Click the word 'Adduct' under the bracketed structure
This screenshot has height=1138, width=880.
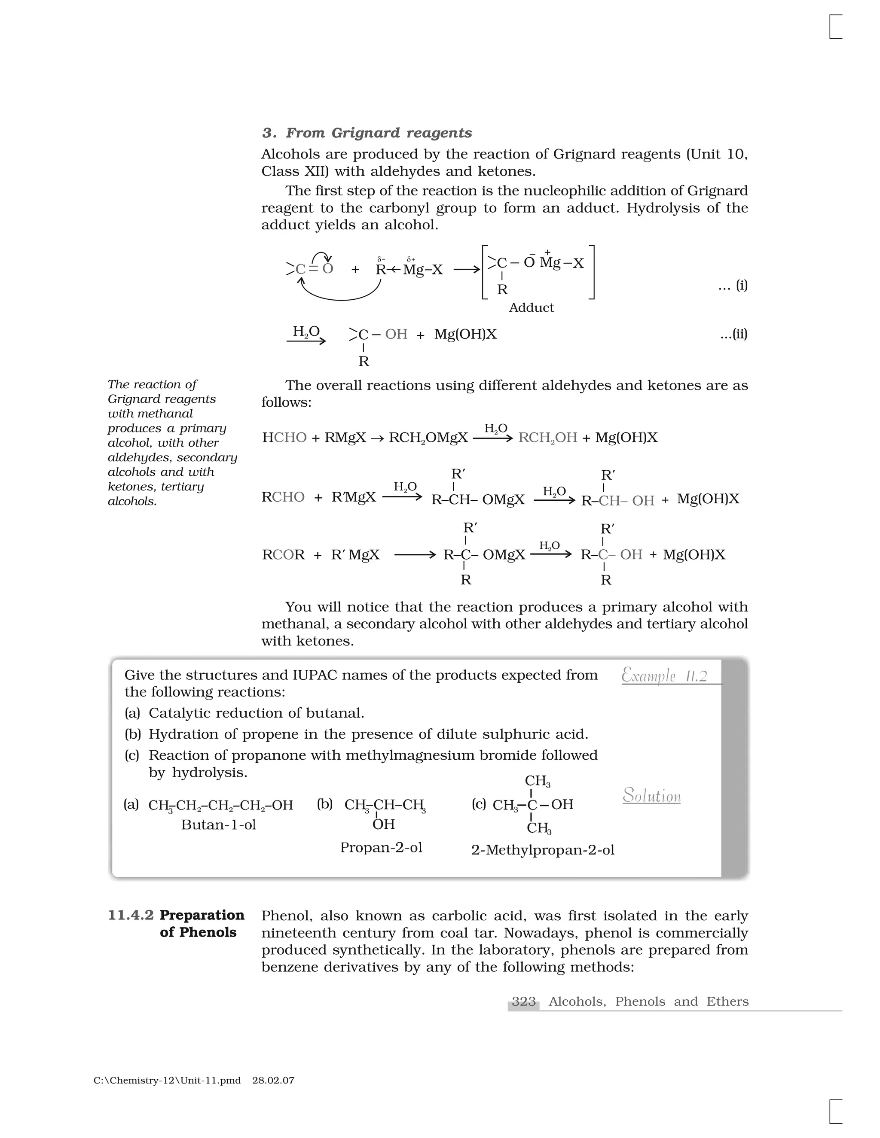coord(531,307)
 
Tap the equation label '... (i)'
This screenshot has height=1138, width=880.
coord(733,285)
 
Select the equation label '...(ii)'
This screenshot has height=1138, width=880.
coord(733,334)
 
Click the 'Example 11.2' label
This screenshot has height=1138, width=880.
coord(664,676)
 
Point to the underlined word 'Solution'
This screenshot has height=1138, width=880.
coord(652,795)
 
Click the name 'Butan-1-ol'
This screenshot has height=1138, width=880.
coord(218,825)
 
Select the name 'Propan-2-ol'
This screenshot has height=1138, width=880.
coord(381,847)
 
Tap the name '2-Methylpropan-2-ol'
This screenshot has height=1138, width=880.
coord(542,850)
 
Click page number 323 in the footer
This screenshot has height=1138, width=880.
coord(523,1001)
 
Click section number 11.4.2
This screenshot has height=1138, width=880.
coord(130,915)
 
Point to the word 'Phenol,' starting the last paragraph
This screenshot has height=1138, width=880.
coord(286,916)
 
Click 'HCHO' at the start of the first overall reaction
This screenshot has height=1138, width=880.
coord(284,437)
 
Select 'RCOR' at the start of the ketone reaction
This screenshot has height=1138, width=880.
coord(283,554)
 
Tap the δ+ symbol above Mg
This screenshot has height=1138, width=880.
coord(411,259)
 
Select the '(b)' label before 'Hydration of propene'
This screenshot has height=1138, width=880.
coord(133,734)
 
